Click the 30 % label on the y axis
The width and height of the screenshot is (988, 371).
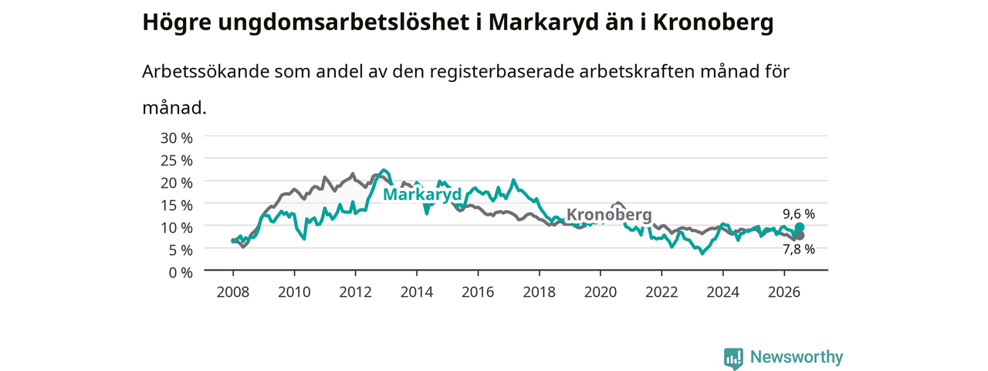click(x=177, y=138)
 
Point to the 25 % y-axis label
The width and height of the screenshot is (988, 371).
click(x=177, y=161)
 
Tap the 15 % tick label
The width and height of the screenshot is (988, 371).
click(x=177, y=206)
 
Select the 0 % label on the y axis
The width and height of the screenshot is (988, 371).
click(x=181, y=273)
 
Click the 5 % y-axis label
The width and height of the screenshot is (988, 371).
click(x=181, y=250)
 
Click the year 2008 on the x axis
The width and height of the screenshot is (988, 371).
click(x=233, y=292)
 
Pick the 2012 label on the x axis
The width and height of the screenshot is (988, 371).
click(x=355, y=292)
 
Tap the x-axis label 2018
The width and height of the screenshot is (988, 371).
click(x=539, y=292)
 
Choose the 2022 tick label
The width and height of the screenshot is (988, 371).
click(x=661, y=292)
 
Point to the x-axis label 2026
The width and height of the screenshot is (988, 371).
click(x=784, y=292)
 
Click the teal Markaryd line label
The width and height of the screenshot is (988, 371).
click(x=422, y=194)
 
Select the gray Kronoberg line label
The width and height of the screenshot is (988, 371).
click(x=609, y=215)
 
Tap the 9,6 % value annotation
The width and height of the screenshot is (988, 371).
click(x=799, y=214)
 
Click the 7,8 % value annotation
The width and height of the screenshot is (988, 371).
click(x=799, y=250)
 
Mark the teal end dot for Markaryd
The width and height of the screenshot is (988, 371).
click(x=800, y=227)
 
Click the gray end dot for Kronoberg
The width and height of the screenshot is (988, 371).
click(x=800, y=236)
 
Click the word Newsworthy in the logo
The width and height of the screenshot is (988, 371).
click(x=797, y=357)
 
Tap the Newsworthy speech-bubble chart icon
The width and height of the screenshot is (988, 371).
click(x=733, y=358)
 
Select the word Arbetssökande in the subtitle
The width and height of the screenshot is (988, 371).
click(x=205, y=71)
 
